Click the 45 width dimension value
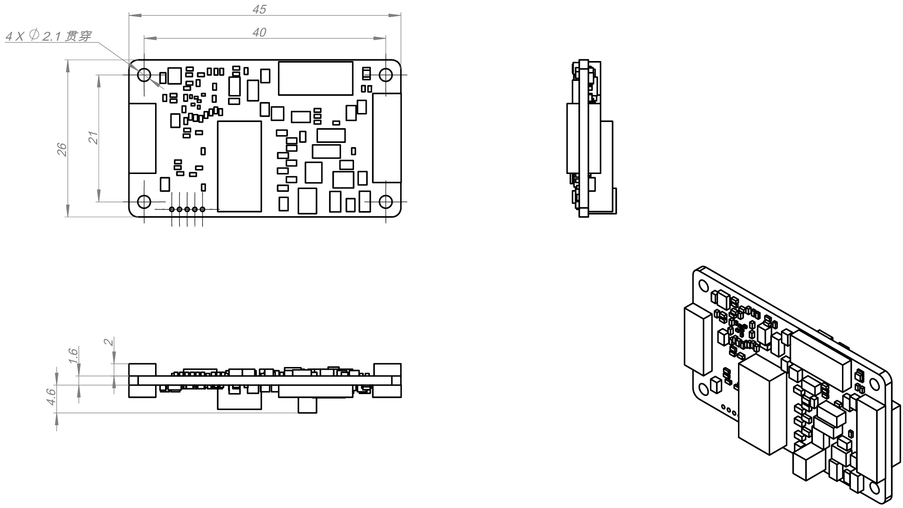pos(259,9)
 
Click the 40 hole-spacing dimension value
pos(259,33)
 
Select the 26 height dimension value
pos(62,150)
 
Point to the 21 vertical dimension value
pos(93,138)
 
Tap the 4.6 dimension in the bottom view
pos(51,397)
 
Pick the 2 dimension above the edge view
pos(109,342)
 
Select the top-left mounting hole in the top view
pos(144,75)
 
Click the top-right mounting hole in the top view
pos(386,75)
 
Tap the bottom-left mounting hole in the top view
pos(144,202)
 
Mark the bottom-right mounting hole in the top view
pos(386,202)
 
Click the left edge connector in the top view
pos(142,138)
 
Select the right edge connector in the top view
pos(387,138)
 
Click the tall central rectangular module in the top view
pos(240,166)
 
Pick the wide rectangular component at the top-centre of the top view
pos(316,78)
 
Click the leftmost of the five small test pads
pos(172,209)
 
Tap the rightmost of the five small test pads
pos(203,209)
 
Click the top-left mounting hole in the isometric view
pos(704,286)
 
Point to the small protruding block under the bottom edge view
pos(307,405)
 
